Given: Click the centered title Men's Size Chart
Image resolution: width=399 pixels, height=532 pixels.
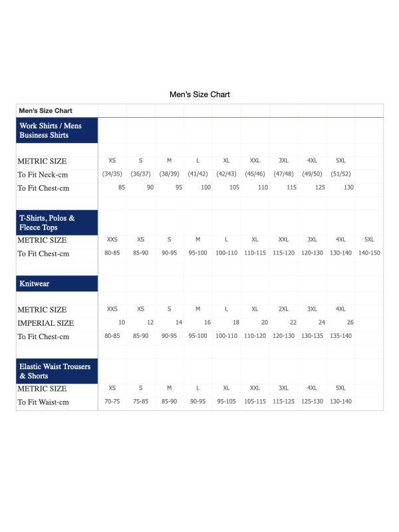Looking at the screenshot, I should [199, 94].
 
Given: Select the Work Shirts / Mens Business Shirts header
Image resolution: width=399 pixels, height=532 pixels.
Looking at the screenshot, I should [57, 130].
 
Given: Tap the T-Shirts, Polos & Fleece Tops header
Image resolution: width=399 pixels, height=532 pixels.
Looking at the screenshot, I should [57, 223].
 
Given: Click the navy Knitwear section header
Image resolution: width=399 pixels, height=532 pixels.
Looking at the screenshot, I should [57, 283].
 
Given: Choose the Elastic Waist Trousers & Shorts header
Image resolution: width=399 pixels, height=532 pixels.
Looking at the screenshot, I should [57, 371].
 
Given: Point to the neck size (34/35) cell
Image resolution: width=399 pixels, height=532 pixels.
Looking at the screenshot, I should [112, 174].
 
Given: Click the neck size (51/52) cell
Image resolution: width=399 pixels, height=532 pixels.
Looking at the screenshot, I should [340, 174].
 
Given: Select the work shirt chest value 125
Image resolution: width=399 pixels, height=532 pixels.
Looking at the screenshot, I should [321, 188].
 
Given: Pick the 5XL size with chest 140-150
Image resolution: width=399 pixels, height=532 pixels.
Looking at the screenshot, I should [369, 239].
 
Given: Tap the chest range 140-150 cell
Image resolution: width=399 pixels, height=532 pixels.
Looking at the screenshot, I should [369, 253].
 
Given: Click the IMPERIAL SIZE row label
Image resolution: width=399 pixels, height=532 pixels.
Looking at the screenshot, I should [45, 323].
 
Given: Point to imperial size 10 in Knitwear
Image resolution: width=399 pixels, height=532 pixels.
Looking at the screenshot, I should [122, 323].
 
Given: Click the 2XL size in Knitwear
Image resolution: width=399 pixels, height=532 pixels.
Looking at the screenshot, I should [283, 309].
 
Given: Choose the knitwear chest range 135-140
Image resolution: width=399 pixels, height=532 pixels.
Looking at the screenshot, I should [340, 336].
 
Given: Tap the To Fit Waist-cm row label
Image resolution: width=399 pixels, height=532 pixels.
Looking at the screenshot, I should [43, 402].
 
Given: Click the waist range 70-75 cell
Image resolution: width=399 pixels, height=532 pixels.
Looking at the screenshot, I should [112, 402].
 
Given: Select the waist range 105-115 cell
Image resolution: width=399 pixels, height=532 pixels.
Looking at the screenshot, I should [255, 402].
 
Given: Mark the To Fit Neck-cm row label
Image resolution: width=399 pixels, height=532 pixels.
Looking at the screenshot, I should [43, 175].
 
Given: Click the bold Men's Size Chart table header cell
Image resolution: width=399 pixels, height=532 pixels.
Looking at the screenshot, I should [46, 110].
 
